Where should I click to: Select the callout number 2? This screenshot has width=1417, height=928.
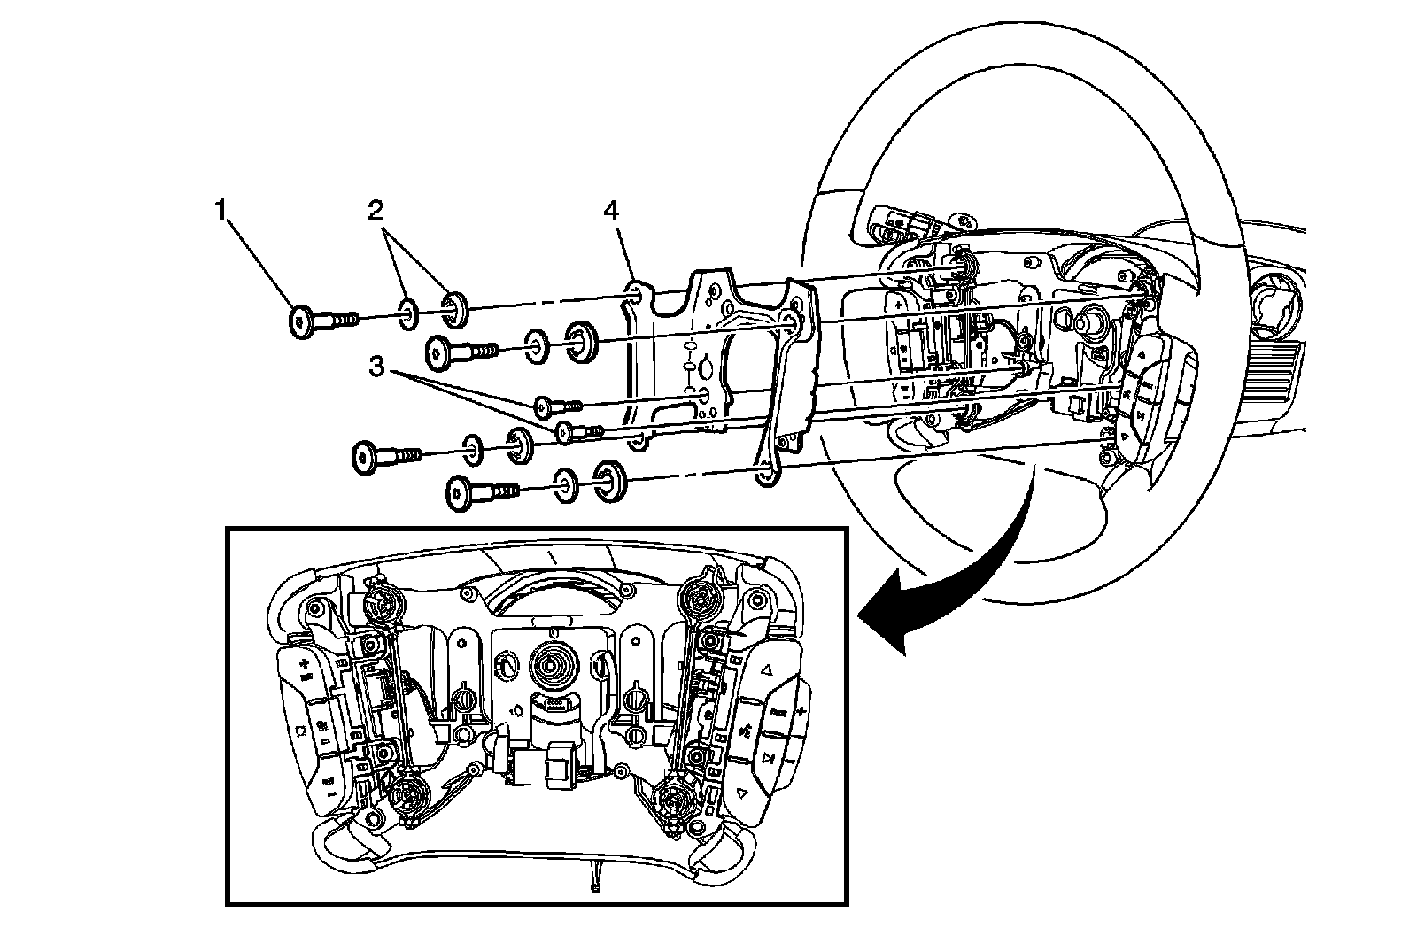click(x=376, y=210)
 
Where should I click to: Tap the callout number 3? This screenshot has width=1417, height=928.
click(x=377, y=366)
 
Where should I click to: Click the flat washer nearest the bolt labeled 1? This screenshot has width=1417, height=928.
click(x=408, y=313)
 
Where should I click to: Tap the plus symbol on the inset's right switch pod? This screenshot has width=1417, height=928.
click(x=800, y=711)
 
